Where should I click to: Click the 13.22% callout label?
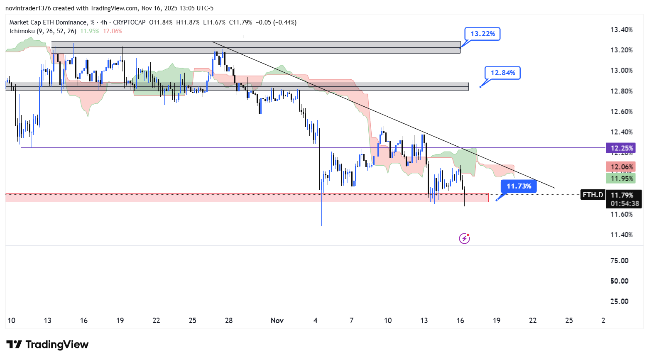[482, 34]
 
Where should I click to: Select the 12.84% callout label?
[502, 73]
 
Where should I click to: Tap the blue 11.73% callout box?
[519, 186]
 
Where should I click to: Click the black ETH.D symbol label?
[593, 195]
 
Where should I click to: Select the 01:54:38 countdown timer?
[625, 203]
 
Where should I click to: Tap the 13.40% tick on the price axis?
[621, 29]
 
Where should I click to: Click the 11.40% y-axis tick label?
[621, 235]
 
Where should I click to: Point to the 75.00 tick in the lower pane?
[619, 261]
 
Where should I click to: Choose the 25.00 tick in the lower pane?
[619, 301]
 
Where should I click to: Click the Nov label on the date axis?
[277, 321]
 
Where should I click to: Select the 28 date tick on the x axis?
[229, 321]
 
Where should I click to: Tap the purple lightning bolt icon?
[464, 238]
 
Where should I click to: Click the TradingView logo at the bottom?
[47, 345]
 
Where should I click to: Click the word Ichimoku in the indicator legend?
[22, 31]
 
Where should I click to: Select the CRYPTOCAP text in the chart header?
[129, 22]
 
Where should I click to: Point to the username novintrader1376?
[28, 8]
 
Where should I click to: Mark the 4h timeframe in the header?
[103, 22]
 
